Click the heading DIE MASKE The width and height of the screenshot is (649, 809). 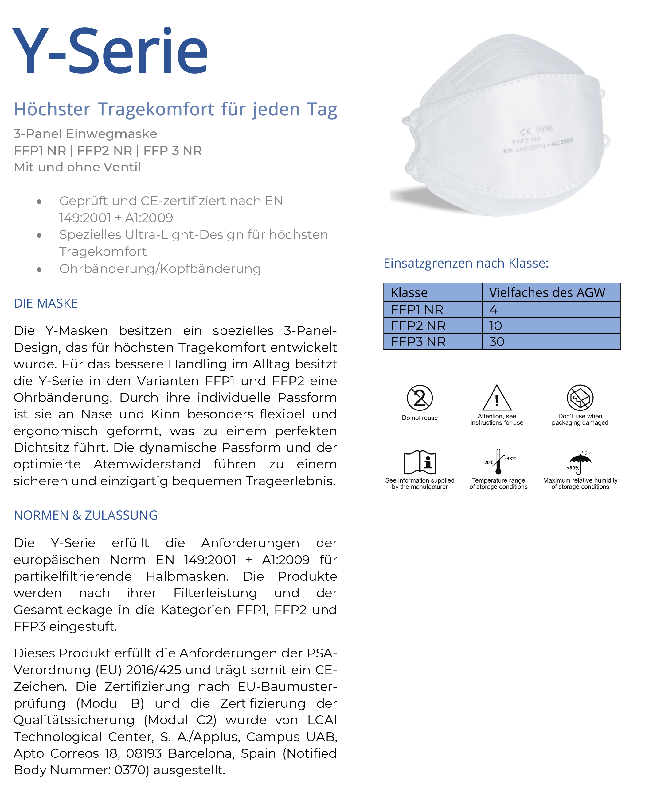[x=45, y=303]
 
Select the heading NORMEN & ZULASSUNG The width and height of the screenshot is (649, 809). [x=86, y=515]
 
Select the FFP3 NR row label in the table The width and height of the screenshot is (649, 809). [x=418, y=342]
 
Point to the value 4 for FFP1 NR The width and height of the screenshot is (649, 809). [x=493, y=310]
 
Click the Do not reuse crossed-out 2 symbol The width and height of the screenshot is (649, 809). [x=420, y=398]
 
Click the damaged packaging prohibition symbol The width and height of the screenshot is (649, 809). [x=580, y=398]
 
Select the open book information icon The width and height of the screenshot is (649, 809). [x=420, y=462]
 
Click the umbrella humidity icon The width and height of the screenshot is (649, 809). [x=580, y=462]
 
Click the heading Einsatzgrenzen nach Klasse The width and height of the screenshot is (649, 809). [x=466, y=263]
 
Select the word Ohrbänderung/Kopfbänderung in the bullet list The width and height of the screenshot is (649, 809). [x=160, y=269]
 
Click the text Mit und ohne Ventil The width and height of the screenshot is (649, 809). [x=77, y=167]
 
